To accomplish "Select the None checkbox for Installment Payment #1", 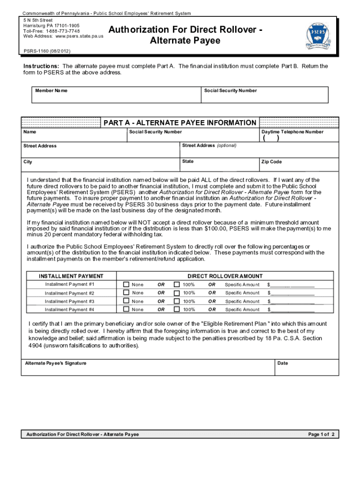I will point(126,284).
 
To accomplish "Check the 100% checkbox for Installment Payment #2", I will point(176,293).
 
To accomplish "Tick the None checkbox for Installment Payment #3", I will point(126,301).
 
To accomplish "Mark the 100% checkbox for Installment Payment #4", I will point(176,309).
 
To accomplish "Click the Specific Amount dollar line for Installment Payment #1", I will point(292,285).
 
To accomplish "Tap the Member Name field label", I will point(51,90).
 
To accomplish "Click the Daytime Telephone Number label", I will point(292,132).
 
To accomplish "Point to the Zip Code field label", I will point(272,162).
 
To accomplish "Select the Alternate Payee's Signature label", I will point(56,363).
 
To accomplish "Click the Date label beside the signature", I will point(282,363).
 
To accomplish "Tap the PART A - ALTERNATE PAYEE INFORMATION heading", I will point(180,123).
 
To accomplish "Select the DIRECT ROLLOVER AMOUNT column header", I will point(225,276).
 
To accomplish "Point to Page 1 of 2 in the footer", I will point(321,435).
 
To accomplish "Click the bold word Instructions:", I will point(41,66).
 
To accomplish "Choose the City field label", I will point(28,162).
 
